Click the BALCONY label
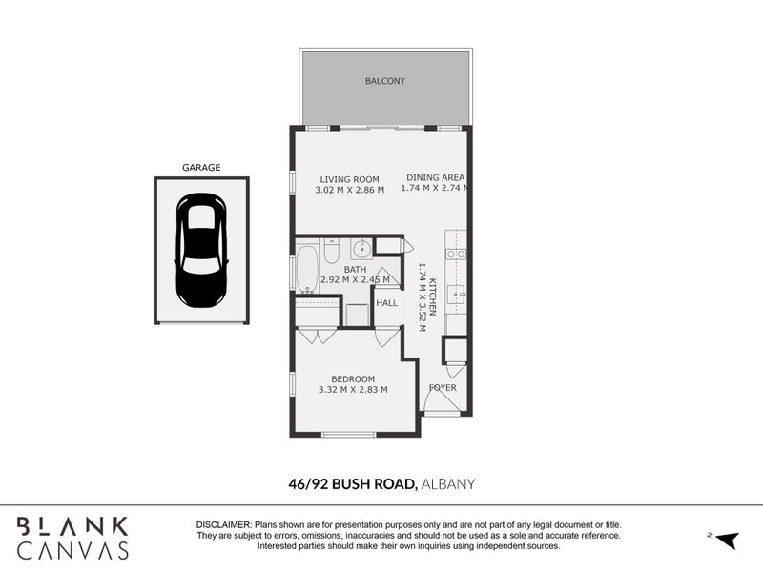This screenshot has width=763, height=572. coord(385,81)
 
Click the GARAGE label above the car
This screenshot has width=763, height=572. coord(201,168)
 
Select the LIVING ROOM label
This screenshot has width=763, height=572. coord(349,179)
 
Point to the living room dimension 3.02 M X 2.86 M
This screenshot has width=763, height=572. coord(349,190)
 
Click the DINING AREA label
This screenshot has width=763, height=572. coord(435,177)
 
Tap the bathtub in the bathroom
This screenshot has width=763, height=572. coord(307,270)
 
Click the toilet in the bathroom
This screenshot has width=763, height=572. coord(331,251)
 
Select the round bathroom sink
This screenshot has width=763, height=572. coord(361,250)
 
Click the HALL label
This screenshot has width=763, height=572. coord(386,303)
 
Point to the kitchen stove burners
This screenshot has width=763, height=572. coord(456,255)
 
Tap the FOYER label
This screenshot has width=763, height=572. coord(443,388)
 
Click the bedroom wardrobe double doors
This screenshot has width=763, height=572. coord(318,336)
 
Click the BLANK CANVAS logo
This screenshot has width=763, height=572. coord(72,538)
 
